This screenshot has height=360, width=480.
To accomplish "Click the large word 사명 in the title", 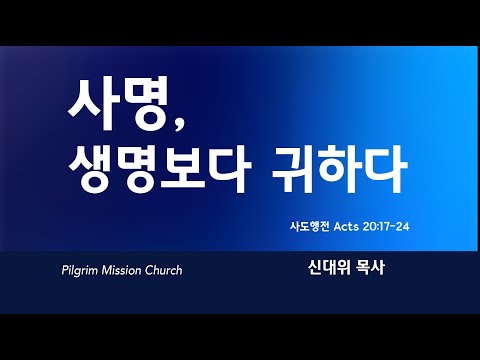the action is click(x=117, y=103).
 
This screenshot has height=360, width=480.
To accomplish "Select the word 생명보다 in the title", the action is click(x=160, y=168).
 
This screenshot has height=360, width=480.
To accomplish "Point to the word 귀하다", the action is click(x=339, y=168).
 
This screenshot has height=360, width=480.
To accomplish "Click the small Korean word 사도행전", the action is click(x=309, y=227).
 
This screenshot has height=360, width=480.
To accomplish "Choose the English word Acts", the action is click(x=346, y=227).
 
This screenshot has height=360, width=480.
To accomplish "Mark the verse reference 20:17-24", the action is click(x=386, y=227).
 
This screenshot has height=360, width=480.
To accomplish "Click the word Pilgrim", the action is click(x=80, y=270).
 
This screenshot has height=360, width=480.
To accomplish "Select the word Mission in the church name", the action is click(x=122, y=270).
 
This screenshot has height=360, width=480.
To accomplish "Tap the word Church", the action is click(x=164, y=270).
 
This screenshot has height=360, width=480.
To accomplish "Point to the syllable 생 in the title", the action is click(x=91, y=168).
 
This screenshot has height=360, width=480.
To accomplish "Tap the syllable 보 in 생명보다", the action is click(x=182, y=168).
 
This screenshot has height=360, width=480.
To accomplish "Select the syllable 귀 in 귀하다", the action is click(x=293, y=168).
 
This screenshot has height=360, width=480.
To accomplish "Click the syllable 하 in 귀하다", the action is click(x=339, y=168).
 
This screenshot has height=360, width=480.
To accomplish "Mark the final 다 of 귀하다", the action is click(x=386, y=168).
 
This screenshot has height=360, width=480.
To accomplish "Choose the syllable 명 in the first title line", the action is click(x=143, y=103).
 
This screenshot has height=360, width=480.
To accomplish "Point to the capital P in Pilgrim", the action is click(x=65, y=270).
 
